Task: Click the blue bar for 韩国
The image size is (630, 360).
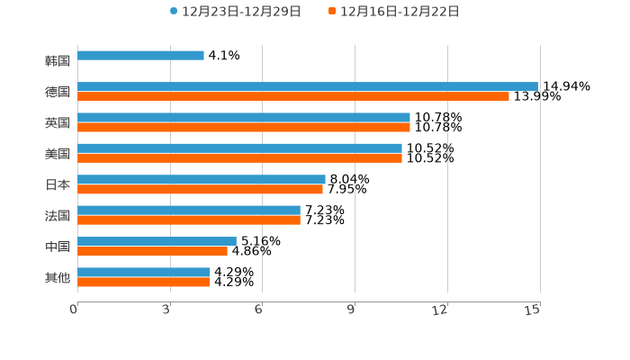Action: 140,56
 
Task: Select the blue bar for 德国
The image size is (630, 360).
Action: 308,86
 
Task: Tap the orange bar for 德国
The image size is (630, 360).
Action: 293,97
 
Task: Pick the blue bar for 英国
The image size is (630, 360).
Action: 244,118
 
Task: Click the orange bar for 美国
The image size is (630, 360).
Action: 239,158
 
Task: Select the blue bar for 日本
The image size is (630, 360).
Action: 202,179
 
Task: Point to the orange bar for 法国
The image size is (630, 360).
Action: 189,220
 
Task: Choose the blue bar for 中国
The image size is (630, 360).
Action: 157,241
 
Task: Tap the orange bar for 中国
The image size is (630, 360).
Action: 152,251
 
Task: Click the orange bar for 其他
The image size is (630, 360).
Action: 143,283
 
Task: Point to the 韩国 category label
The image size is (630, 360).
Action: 58,61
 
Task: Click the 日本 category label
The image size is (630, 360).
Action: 58,184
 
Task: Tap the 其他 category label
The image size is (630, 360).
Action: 58,278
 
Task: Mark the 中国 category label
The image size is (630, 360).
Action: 58,247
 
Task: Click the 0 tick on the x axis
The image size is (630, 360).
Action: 75,310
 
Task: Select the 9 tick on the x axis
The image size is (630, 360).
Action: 352,310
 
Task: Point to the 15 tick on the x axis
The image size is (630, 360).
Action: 533,310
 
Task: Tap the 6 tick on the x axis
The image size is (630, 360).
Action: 259,310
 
